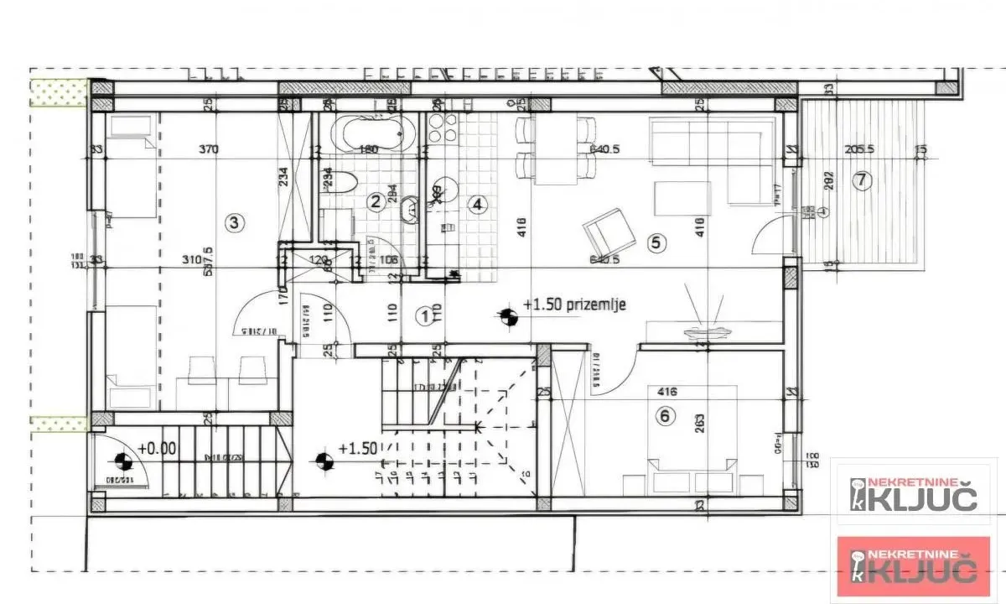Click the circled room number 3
tap(235, 222)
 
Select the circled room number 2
tap(376, 200)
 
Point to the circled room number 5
tap(656, 243)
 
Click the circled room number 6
tap(666, 415)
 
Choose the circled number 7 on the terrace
tap(860, 180)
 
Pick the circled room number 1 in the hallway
tap(426, 316)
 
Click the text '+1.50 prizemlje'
tap(574, 305)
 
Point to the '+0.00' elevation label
tap(157, 449)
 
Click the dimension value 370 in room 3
tap(209, 150)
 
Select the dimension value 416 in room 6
tap(668, 391)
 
